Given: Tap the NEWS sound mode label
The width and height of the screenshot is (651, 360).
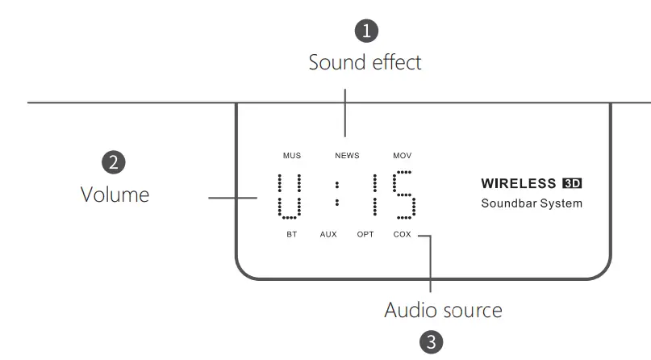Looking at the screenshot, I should [x=347, y=155].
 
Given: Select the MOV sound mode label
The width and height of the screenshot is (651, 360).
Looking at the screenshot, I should [x=402, y=155].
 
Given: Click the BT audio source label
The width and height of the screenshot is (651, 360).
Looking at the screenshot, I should [x=291, y=235].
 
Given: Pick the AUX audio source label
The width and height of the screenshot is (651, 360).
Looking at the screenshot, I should [x=328, y=235].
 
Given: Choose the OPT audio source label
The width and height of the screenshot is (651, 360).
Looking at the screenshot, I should [x=365, y=235].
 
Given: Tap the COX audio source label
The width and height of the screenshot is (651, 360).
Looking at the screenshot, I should [x=402, y=235].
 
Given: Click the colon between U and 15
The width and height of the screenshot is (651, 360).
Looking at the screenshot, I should [x=338, y=195].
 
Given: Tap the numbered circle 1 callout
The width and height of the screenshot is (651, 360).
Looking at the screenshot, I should [x=367, y=31].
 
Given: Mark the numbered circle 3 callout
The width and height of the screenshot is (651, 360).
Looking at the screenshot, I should [x=432, y=341].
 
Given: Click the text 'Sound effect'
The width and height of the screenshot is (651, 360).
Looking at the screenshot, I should [x=365, y=62].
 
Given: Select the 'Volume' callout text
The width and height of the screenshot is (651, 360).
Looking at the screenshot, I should [x=115, y=195].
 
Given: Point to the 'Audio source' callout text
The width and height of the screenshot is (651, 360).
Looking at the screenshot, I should [x=443, y=310].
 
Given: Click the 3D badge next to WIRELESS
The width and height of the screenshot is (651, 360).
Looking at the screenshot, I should [x=571, y=183].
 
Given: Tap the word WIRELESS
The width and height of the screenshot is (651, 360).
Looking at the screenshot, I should [x=519, y=183].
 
